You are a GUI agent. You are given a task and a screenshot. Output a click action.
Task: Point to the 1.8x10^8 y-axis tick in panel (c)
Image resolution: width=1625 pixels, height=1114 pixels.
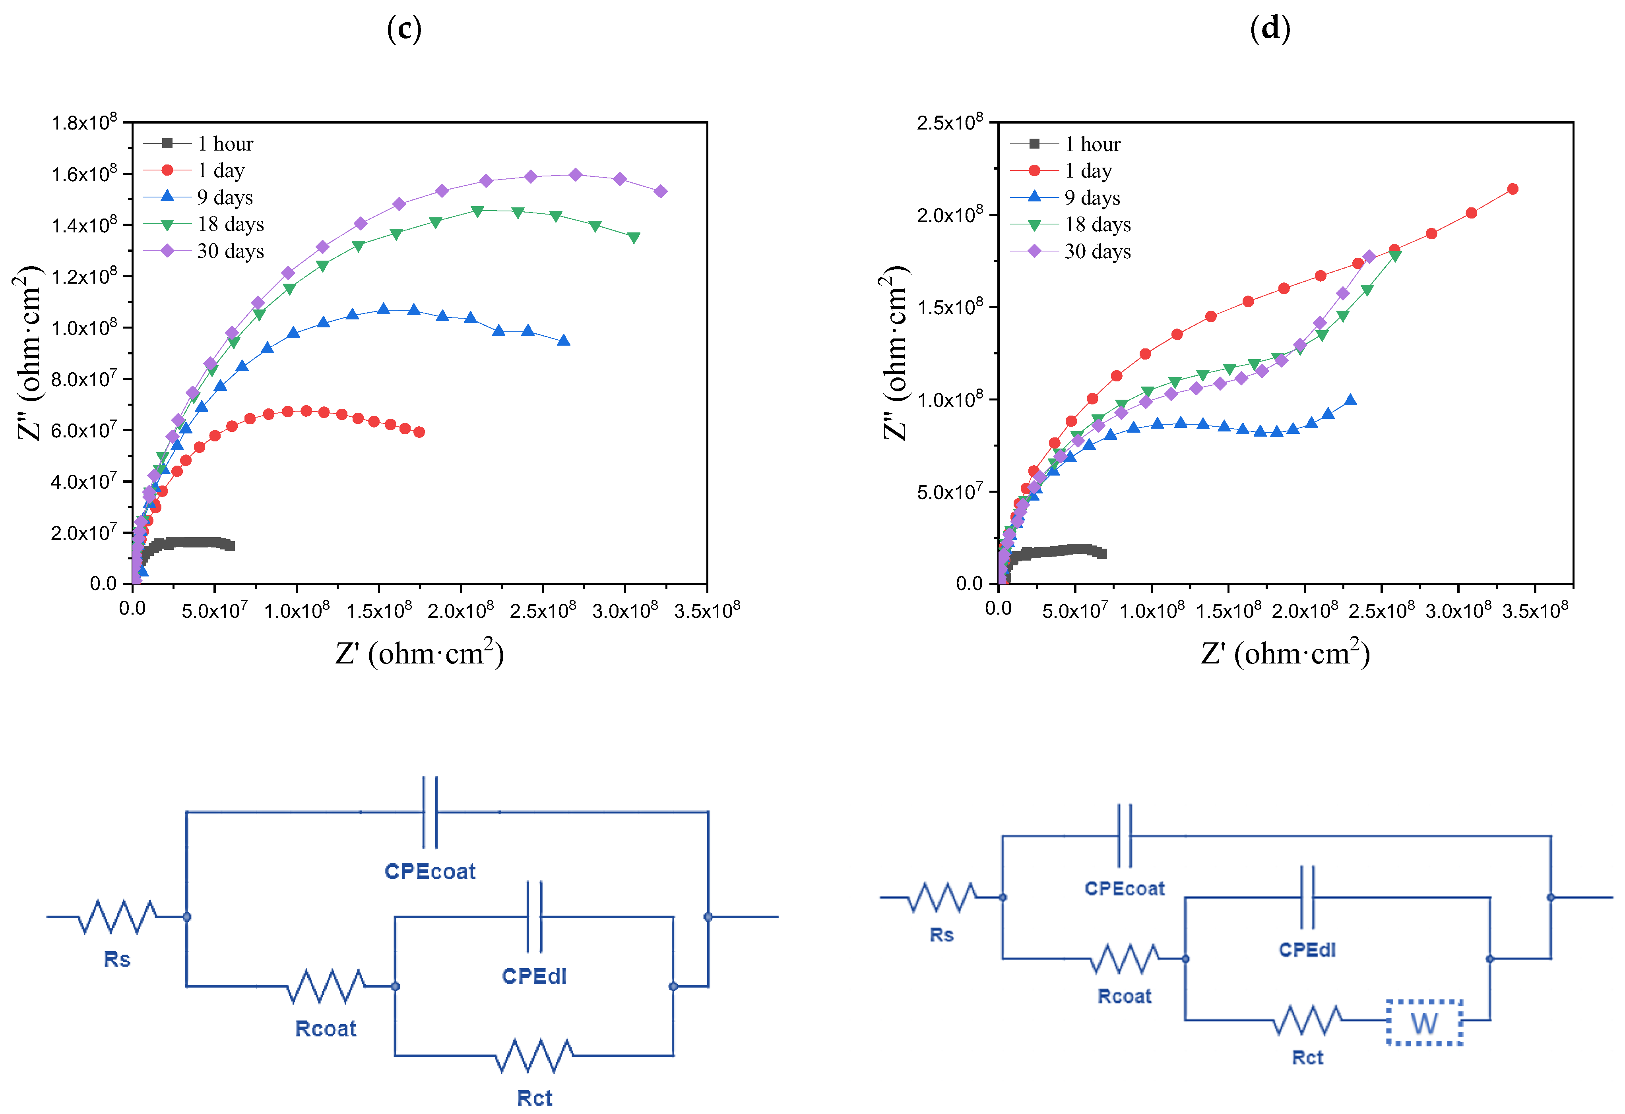84,123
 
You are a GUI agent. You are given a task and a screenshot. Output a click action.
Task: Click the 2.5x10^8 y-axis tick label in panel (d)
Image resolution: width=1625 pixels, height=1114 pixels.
950,123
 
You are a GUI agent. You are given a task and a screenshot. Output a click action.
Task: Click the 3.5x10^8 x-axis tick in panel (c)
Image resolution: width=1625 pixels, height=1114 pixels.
707,610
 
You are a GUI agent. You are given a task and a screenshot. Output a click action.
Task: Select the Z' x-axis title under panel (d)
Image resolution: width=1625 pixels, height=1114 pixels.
1285,653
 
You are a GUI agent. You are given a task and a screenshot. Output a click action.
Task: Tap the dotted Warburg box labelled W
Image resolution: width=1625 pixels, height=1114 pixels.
1424,1023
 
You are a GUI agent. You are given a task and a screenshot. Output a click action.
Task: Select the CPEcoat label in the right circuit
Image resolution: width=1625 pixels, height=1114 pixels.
1125,888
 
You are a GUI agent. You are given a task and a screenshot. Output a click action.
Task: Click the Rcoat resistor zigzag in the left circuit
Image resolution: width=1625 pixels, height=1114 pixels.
326,986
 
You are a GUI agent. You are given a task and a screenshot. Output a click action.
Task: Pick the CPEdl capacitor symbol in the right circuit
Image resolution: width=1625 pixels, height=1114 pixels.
1307,897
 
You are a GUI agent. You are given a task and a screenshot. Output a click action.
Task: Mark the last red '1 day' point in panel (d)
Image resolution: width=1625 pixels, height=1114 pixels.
1513,189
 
